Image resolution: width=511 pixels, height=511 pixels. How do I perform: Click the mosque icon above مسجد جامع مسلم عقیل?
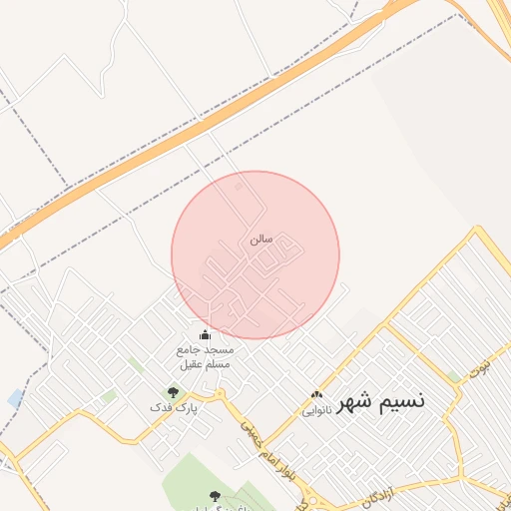206,335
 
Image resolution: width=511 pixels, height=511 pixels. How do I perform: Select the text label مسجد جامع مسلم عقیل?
205,357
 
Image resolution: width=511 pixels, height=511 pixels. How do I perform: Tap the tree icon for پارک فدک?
173,392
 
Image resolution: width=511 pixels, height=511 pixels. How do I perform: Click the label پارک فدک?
174,408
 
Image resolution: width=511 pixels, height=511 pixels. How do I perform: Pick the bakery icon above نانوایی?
317,395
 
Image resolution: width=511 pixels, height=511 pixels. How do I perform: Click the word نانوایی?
315,410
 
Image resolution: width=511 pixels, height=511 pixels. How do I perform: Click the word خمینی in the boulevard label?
246,429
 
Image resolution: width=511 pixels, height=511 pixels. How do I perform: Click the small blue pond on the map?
14,398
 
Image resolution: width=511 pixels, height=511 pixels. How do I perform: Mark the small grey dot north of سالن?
238,187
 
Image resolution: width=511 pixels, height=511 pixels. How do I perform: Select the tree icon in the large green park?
213,496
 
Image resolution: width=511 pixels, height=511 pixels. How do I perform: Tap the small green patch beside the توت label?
455,376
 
